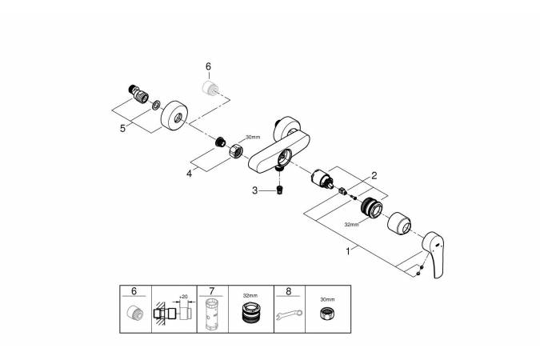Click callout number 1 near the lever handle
point(348,251)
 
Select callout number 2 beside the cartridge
point(374,176)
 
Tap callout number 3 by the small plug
point(255,190)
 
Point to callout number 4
point(189,174)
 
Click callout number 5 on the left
point(122,129)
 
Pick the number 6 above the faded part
point(208,66)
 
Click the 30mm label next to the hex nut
point(253,137)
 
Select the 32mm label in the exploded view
point(351,224)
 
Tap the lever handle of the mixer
point(434,254)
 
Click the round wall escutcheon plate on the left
point(174,116)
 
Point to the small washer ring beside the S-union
point(156,105)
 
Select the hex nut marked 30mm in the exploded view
point(236,150)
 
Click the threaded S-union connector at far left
point(138,94)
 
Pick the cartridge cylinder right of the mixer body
point(322,178)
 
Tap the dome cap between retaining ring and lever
point(399,223)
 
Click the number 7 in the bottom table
point(211,291)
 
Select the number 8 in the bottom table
point(289,291)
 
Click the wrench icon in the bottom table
point(289,314)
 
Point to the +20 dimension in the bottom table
point(183,297)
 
